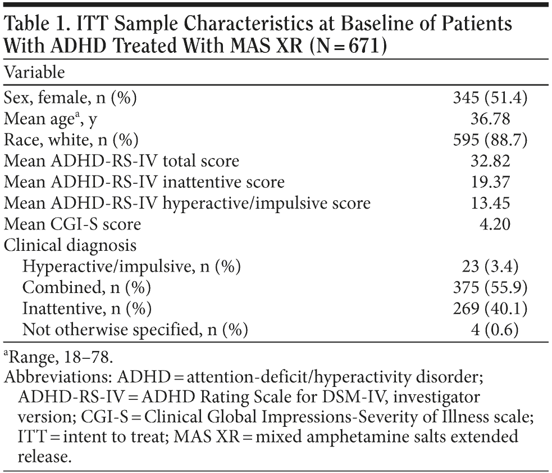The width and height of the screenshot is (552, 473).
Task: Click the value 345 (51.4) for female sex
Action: [x=490, y=98]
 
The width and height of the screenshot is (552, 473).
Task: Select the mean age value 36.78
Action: [x=490, y=119]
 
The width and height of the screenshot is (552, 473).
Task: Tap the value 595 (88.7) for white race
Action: [x=490, y=140]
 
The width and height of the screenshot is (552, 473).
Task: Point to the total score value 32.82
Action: [x=490, y=161]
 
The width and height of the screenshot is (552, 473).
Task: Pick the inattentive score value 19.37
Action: [x=490, y=182]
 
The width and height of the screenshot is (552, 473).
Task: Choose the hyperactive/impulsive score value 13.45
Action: [x=490, y=204]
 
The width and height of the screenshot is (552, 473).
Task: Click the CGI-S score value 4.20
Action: [x=494, y=225]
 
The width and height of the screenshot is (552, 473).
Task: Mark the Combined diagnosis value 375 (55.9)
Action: [x=490, y=288]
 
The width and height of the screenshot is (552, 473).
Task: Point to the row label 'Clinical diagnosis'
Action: [x=70, y=246]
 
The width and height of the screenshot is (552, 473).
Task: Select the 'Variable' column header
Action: [x=34, y=73]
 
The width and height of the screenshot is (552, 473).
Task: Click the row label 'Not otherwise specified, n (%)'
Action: [x=135, y=330]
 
